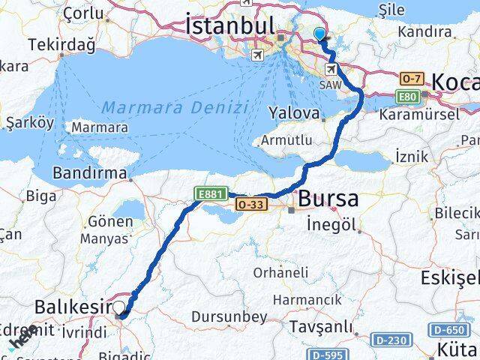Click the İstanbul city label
[x=232, y=27]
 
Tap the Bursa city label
[x=328, y=199]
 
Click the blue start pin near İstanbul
[x=320, y=34]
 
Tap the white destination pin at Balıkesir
[x=119, y=306]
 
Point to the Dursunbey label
[x=229, y=317]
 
